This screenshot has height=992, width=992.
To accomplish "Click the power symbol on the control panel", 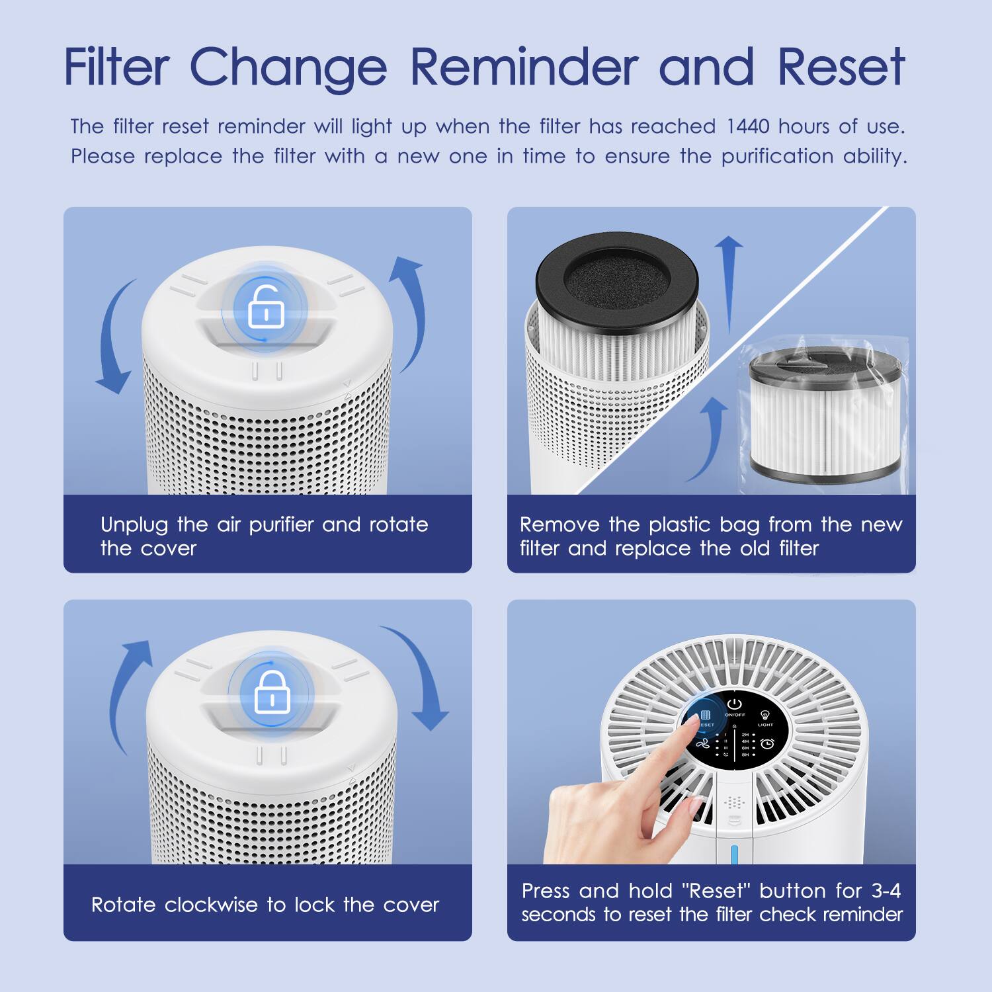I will pyautogui.click(x=735, y=704).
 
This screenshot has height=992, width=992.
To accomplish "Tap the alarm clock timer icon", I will pyautogui.click(x=767, y=744).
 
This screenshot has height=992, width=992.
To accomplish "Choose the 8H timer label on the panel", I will pyautogui.click(x=745, y=755).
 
